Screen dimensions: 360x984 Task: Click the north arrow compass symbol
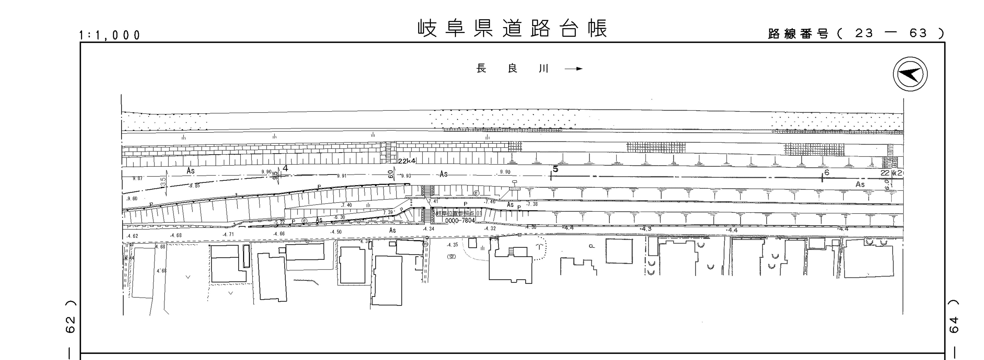tap(910, 74)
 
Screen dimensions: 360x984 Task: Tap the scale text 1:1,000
tap(110, 35)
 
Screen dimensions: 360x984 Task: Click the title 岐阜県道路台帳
tap(512, 28)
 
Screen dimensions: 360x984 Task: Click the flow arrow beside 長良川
tap(574, 69)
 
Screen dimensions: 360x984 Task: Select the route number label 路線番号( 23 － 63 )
tap(856, 34)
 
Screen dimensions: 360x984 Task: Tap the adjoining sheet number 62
tap(71, 325)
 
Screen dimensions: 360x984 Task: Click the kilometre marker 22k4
tap(407, 161)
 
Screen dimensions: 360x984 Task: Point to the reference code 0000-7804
tap(460, 221)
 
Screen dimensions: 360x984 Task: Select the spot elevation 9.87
tap(138, 178)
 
